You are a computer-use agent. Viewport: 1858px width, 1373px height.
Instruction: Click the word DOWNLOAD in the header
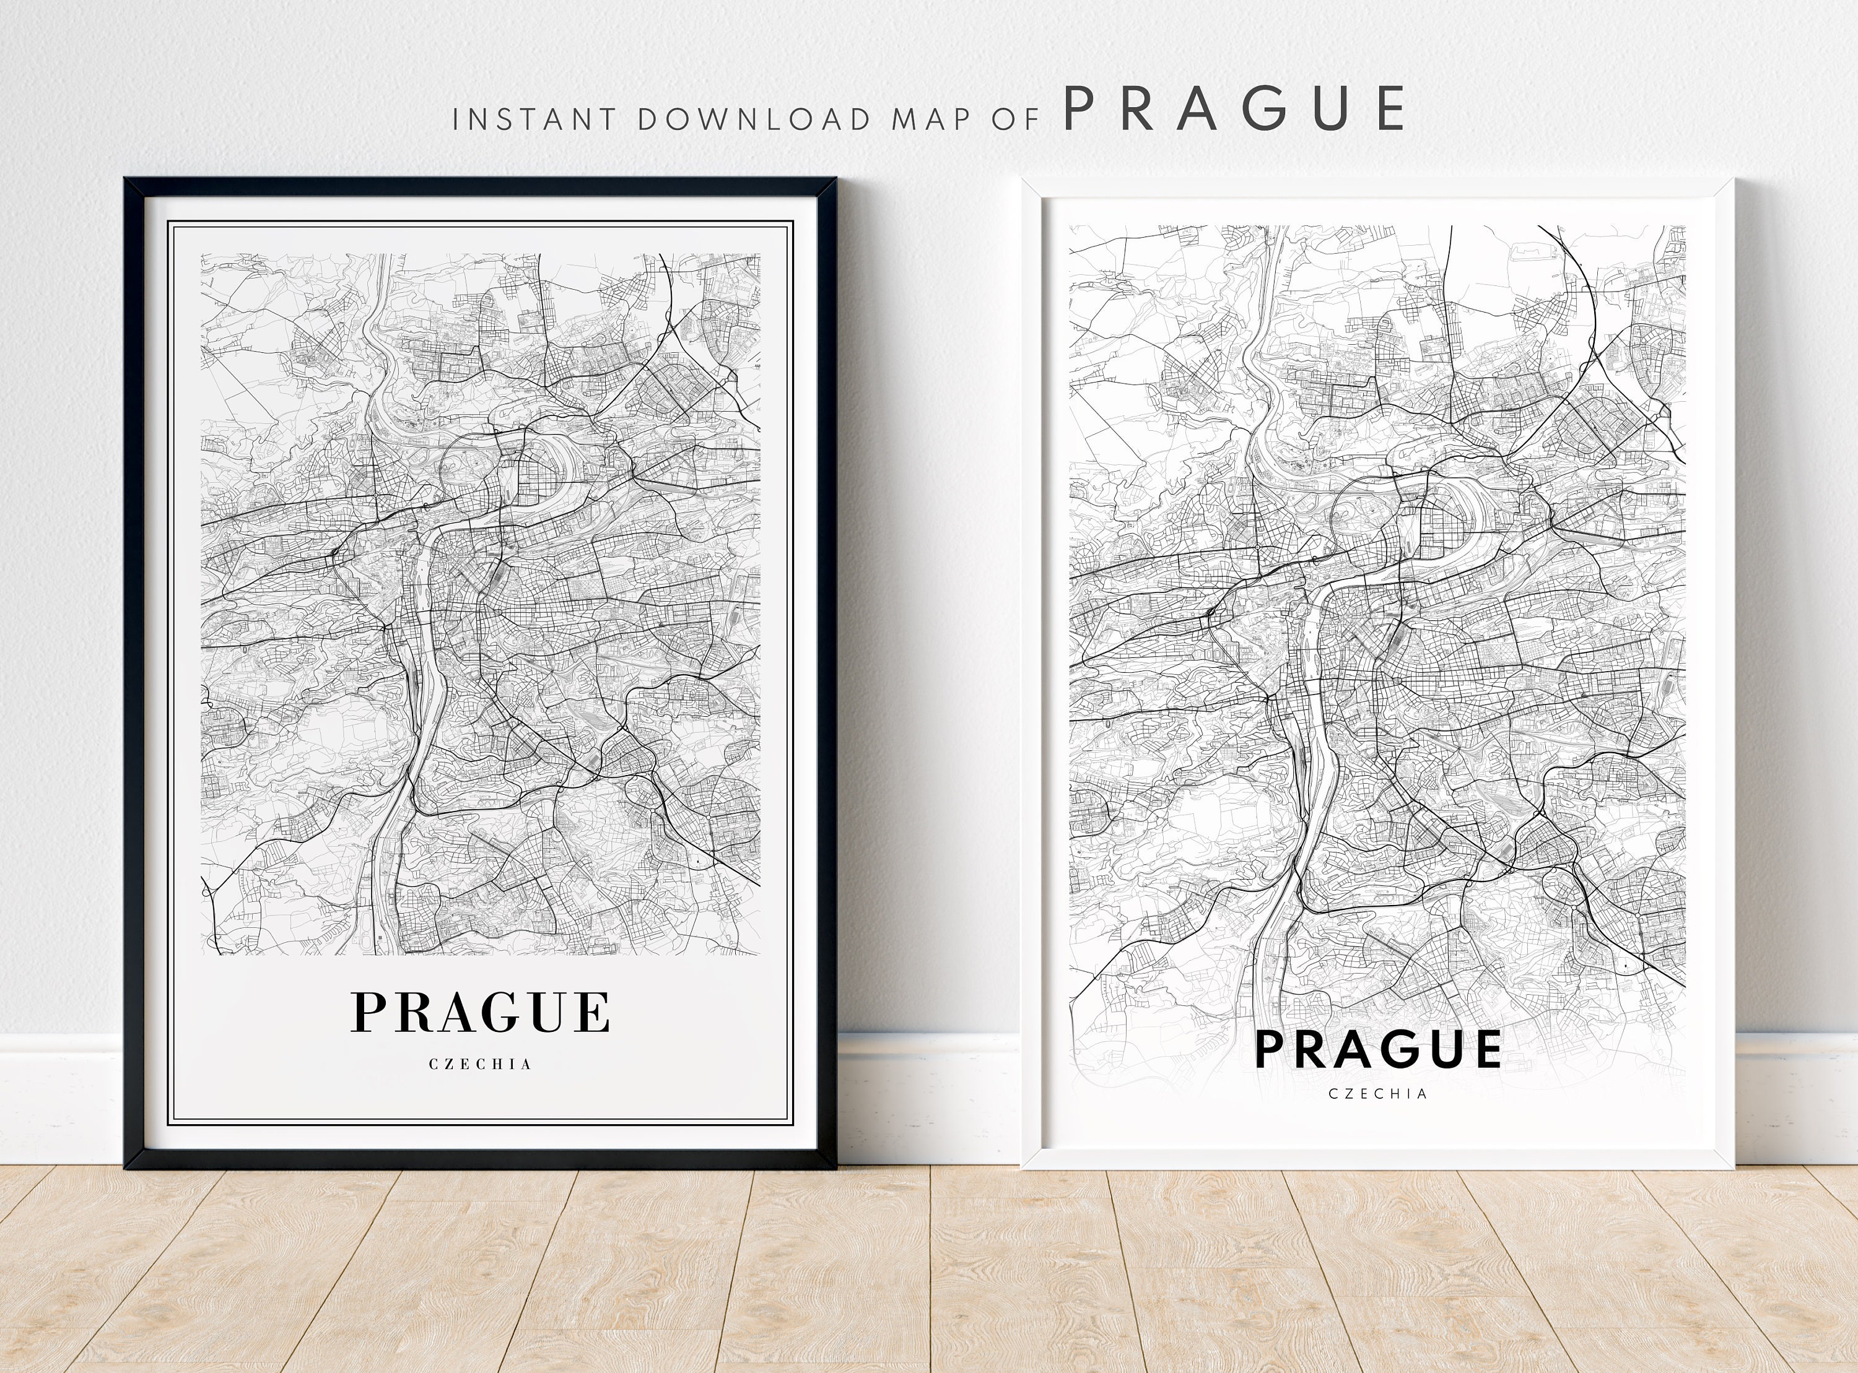753,119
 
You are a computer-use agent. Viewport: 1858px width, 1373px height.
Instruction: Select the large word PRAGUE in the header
1234,109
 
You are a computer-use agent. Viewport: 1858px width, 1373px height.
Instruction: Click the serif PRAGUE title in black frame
481,1012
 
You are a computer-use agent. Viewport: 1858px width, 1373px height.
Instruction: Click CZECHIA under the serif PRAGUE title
481,1064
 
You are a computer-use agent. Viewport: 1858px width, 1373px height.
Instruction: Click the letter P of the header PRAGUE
1079,109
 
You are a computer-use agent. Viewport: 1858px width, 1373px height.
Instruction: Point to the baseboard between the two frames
928,1097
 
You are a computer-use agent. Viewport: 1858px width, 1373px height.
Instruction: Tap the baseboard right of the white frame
1795,1097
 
